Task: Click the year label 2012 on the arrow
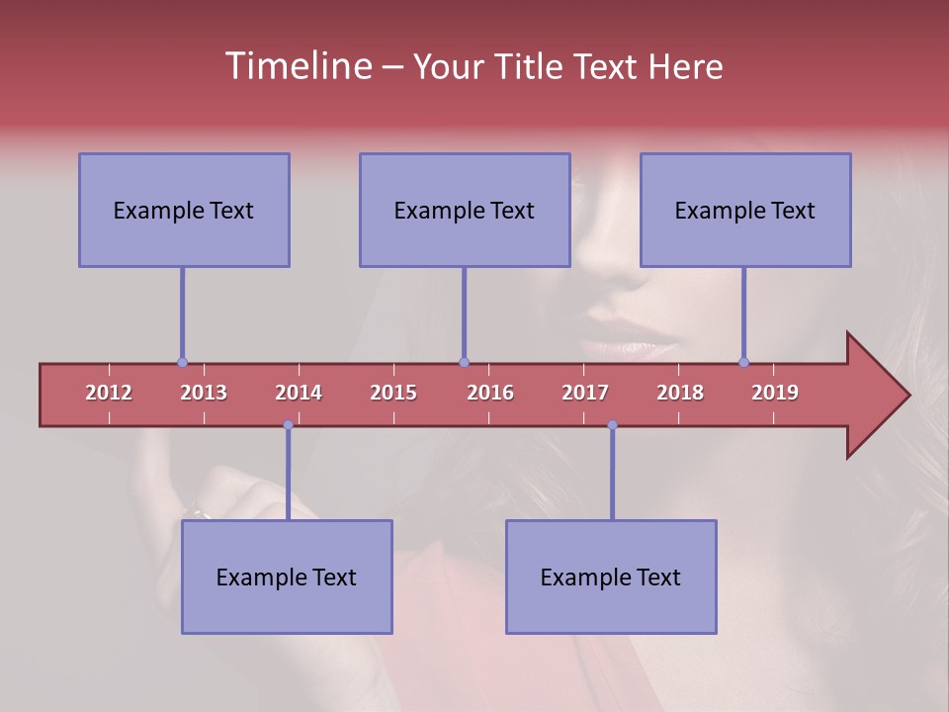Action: pos(109,393)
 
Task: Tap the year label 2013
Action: pos(204,393)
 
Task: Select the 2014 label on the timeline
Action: pos(299,393)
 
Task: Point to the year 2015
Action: pos(393,393)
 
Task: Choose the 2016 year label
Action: pos(490,393)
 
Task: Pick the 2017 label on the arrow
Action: pos(585,393)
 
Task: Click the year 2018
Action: pos(680,393)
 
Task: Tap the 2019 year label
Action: pos(775,393)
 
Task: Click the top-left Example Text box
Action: pos(184,210)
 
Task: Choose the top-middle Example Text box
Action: pos(465,210)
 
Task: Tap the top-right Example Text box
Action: pos(745,210)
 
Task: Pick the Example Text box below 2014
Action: pos(287,577)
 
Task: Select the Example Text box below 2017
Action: pos(611,577)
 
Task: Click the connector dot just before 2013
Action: pos(182,362)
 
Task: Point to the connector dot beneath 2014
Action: pos(288,425)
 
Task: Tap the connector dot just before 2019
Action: pos(743,362)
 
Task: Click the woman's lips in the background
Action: pos(628,341)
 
